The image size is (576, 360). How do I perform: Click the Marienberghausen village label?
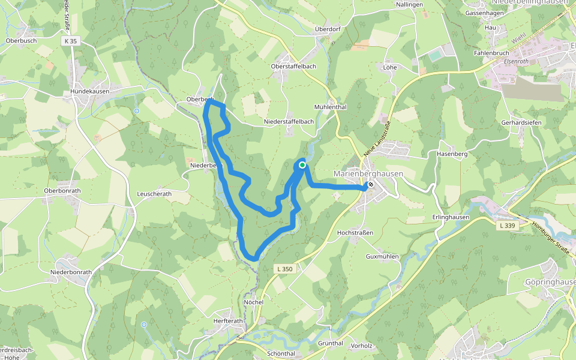368,173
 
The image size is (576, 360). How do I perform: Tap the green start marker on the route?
302,164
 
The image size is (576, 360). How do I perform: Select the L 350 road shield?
285,269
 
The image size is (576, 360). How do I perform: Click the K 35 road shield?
70,41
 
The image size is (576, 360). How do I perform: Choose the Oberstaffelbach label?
293,66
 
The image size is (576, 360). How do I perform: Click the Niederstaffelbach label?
289,122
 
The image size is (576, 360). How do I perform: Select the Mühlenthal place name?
331,107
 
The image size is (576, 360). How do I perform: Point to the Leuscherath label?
154,194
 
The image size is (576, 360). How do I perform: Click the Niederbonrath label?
71,272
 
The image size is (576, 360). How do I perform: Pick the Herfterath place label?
228,321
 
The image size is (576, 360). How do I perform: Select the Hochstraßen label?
355,232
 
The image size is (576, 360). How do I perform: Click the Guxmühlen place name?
382,256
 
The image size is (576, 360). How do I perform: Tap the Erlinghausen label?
450,217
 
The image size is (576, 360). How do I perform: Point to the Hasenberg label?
452,154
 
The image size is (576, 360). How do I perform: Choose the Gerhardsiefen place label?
521,122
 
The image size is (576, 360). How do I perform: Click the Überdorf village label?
328,29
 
